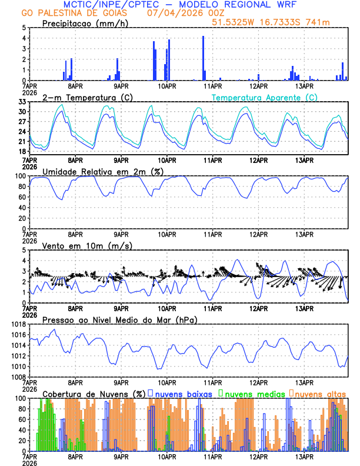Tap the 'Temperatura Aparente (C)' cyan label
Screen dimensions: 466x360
point(264,97)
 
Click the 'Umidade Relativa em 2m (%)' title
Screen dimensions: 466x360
point(103,171)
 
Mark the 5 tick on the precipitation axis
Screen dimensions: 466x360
point(24,28)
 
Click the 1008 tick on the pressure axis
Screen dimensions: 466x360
point(19,377)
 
